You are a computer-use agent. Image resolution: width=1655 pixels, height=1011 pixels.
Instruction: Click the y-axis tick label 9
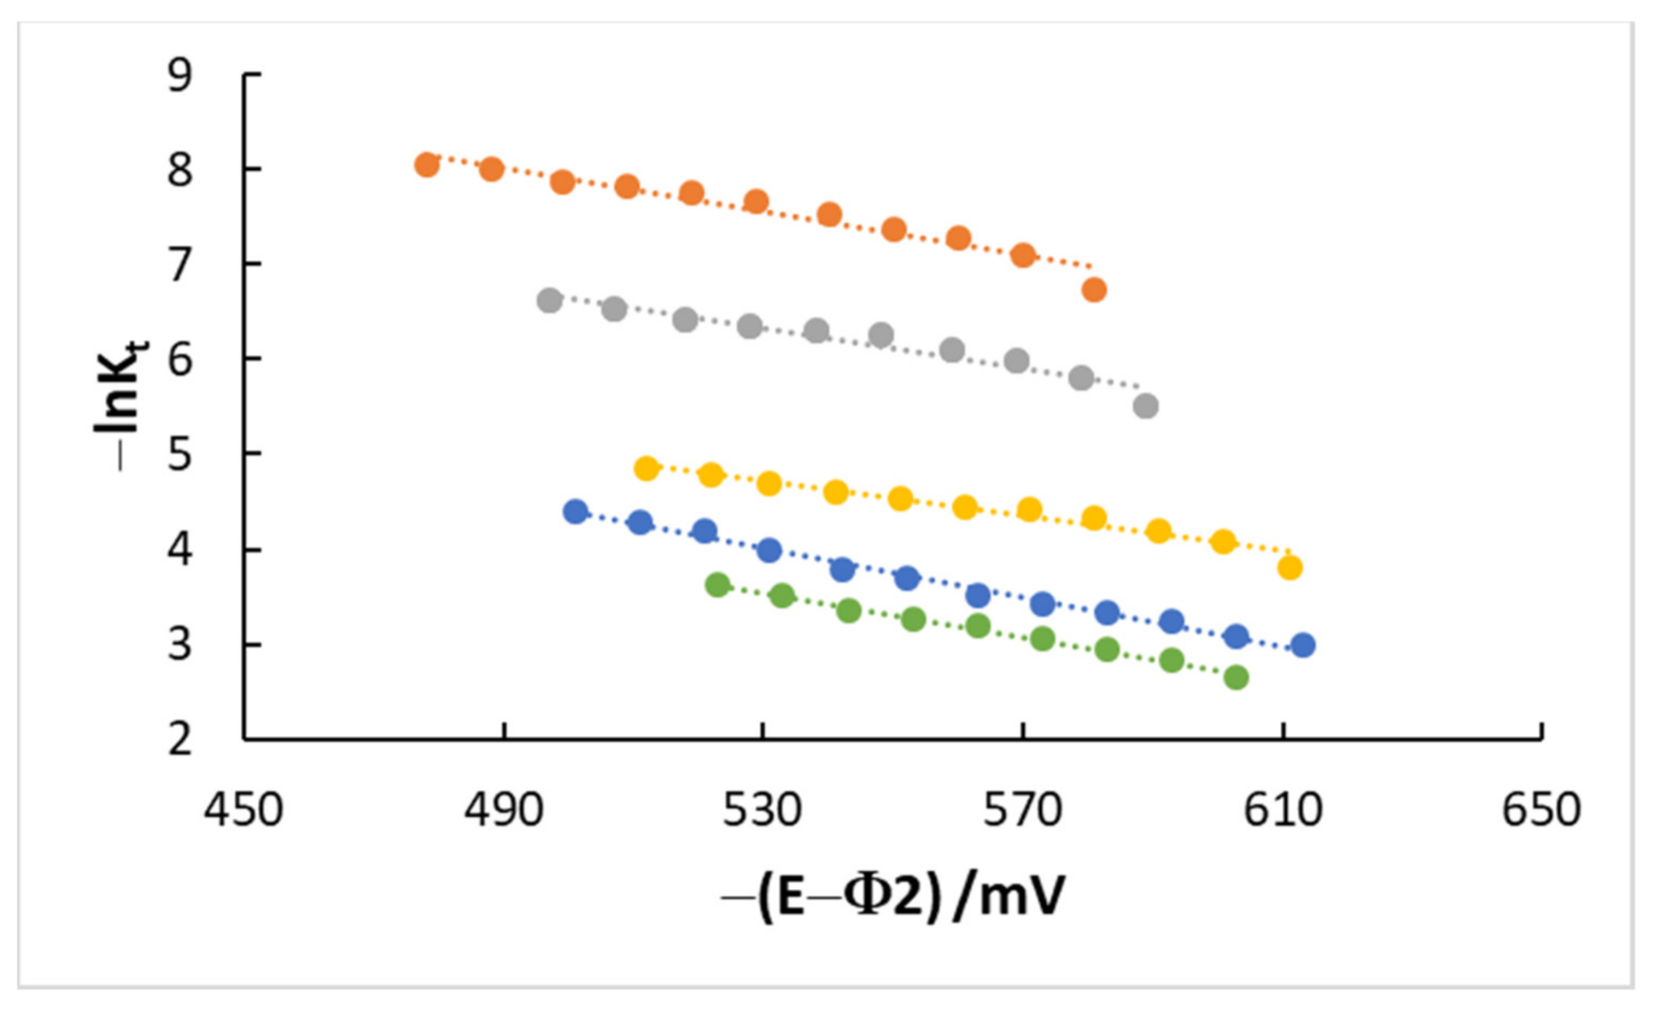point(180,76)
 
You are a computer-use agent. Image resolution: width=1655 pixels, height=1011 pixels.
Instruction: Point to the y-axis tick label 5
point(180,455)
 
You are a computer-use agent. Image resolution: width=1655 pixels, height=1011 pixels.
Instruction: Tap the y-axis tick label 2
point(180,739)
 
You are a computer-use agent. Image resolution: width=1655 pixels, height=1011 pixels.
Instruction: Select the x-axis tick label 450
point(243,809)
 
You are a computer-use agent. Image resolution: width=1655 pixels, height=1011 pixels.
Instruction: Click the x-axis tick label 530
point(763,809)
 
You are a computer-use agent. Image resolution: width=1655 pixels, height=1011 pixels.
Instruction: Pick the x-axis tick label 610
point(1283,809)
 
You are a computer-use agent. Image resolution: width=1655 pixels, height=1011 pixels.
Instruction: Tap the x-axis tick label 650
point(1541,809)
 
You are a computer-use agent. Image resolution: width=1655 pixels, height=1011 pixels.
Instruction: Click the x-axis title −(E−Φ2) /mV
point(893,897)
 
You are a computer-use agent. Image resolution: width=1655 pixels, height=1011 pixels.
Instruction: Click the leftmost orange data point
point(427,165)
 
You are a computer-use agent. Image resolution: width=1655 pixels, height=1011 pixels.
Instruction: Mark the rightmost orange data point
point(1094,290)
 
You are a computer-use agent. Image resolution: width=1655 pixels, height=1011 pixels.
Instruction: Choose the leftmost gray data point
point(550,301)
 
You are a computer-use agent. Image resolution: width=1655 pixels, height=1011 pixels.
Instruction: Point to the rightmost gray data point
point(1146,406)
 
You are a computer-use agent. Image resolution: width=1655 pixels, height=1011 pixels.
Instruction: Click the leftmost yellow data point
point(646,468)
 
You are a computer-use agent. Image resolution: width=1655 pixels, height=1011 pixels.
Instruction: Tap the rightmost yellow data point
point(1289,568)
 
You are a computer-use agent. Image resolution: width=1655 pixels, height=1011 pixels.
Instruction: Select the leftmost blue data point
point(576,511)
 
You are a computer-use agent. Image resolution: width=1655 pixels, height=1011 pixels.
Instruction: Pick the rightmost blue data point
point(1302,646)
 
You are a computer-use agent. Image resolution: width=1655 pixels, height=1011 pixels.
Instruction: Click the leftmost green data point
point(717,585)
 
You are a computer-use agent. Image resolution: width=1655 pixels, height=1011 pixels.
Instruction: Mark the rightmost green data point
point(1236,678)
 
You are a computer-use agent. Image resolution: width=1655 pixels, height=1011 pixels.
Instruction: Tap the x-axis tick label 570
point(1022,809)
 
